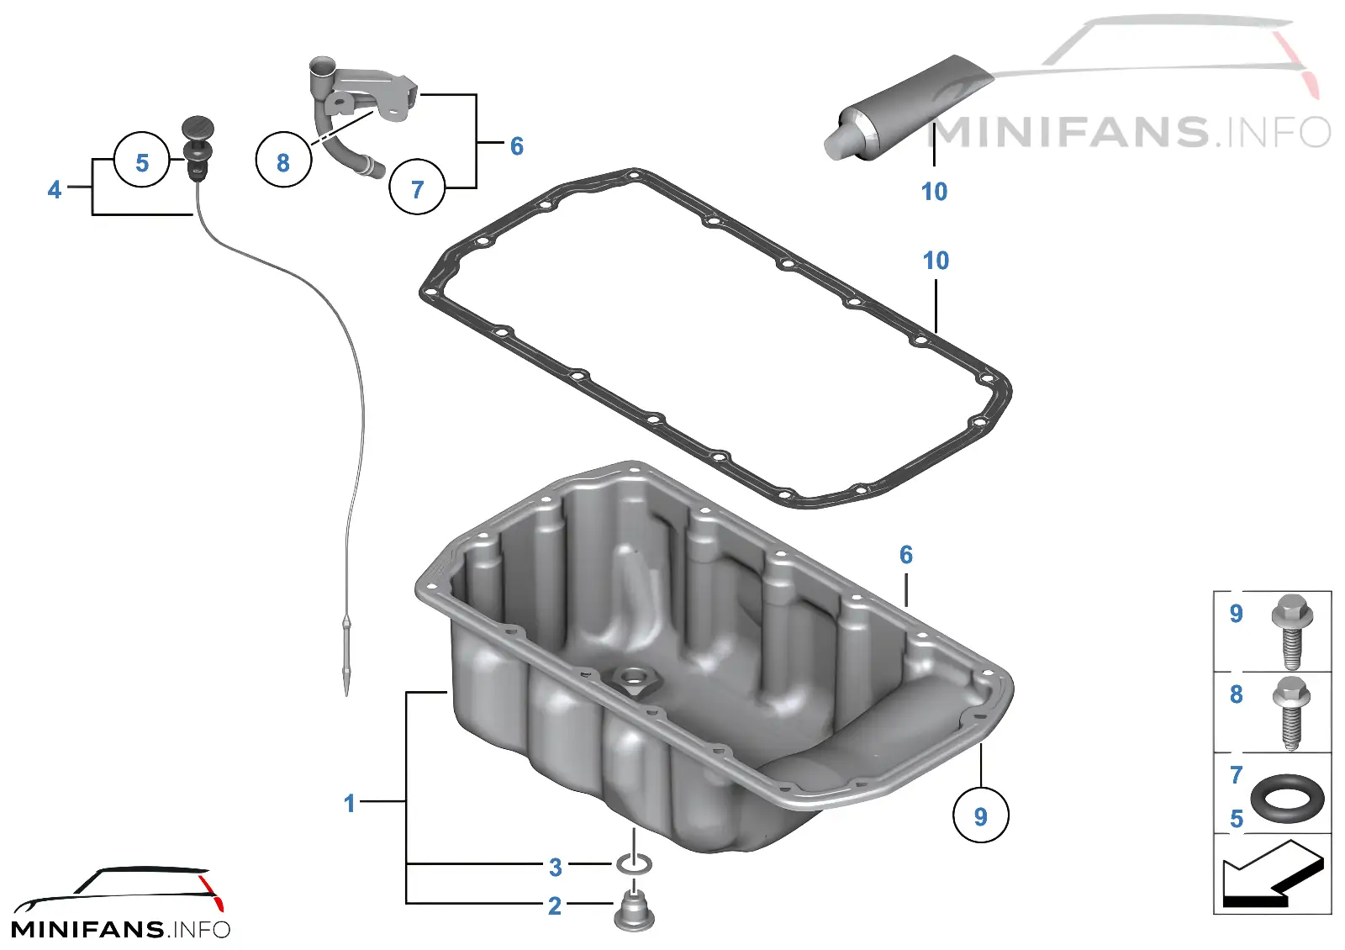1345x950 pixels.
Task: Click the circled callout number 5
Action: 142,160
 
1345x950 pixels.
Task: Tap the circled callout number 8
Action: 283,160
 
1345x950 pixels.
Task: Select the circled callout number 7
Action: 417,187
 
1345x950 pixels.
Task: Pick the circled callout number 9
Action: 980,815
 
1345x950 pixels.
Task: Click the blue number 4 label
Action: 55,190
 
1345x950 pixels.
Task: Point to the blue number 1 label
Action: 350,804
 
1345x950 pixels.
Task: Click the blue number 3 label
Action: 556,867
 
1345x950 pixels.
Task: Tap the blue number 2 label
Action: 555,905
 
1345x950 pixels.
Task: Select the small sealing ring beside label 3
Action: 634,864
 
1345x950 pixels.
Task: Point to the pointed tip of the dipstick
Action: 346,694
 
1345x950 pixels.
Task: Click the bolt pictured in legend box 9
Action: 1292,631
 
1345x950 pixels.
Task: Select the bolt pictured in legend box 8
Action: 1291,714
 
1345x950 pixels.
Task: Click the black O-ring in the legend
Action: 1287,799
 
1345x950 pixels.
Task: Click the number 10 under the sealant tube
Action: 934,192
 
